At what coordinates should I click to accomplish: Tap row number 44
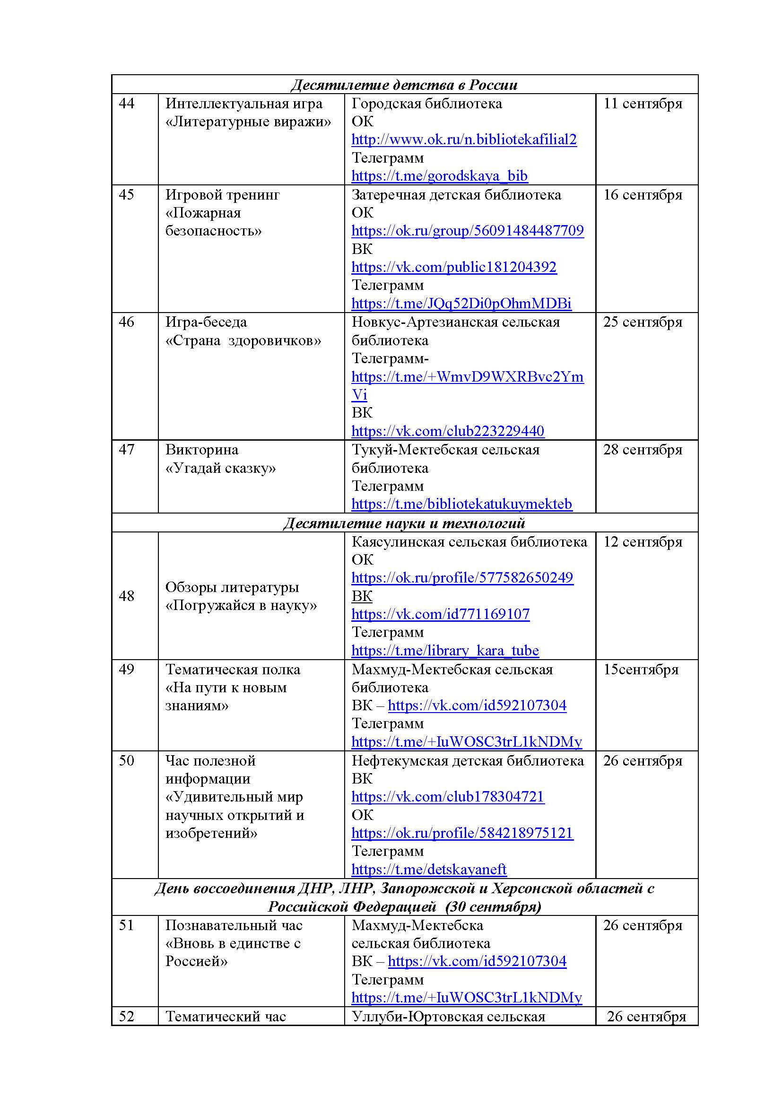pyautogui.click(x=127, y=104)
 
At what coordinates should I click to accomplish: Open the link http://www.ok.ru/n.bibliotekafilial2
pyautogui.click(x=464, y=139)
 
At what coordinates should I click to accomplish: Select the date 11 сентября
pyautogui.click(x=643, y=104)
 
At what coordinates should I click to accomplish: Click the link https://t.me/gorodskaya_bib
pyautogui.click(x=439, y=176)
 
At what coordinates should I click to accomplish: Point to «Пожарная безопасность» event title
pyautogui.click(x=213, y=222)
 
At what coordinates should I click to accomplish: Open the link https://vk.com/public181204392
pyautogui.click(x=453, y=267)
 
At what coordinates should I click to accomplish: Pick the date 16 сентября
pyautogui.click(x=643, y=195)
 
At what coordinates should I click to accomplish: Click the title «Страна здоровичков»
pyautogui.click(x=243, y=341)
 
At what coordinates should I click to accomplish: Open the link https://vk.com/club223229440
pyautogui.click(x=448, y=431)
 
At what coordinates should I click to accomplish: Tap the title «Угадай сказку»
pyautogui.click(x=220, y=468)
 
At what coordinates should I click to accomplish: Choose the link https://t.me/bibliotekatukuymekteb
pyautogui.click(x=461, y=505)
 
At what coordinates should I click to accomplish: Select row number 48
pyautogui.click(x=127, y=596)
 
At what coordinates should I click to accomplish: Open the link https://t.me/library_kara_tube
pyautogui.click(x=445, y=651)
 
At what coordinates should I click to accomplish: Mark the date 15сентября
pyautogui.click(x=641, y=670)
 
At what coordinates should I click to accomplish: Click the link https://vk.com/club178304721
pyautogui.click(x=448, y=797)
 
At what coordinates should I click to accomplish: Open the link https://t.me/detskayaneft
pyautogui.click(x=428, y=870)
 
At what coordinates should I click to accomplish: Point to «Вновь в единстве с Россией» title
pyautogui.click(x=233, y=952)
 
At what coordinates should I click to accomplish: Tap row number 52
pyautogui.click(x=127, y=1017)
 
